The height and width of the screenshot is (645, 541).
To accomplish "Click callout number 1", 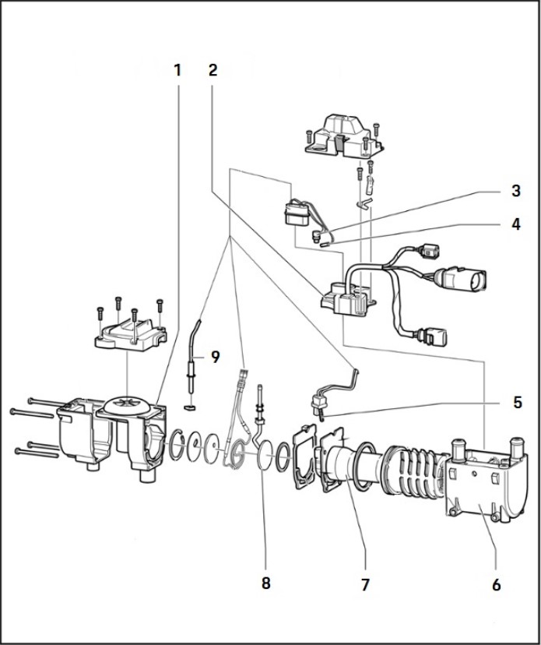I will [x=177, y=70].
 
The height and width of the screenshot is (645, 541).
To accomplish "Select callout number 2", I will [x=213, y=70].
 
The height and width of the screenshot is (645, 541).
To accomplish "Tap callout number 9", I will [x=213, y=358].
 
